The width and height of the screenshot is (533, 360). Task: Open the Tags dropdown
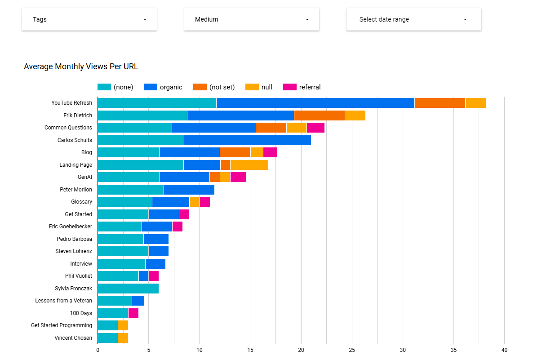(89, 19)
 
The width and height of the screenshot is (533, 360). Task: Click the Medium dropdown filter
(251, 19)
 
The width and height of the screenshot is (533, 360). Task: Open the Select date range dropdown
(413, 19)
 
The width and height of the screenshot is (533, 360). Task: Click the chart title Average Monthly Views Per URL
(81, 67)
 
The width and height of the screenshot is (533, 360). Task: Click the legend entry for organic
(163, 87)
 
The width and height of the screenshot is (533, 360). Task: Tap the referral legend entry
(302, 87)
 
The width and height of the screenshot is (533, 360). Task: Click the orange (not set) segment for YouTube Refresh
(440, 103)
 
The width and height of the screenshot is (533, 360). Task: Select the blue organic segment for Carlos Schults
(247, 140)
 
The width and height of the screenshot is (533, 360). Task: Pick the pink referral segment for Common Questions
(315, 128)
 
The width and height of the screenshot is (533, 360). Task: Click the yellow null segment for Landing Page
(249, 165)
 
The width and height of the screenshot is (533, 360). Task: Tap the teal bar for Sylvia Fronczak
(128, 289)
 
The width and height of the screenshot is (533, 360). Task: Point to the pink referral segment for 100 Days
(133, 313)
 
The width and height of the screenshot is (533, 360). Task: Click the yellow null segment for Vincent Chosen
(123, 338)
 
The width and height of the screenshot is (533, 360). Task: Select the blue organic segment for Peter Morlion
(189, 190)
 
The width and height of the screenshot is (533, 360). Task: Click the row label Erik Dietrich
(78, 116)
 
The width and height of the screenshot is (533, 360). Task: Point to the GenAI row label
(84, 177)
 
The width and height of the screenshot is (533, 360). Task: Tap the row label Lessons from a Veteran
(63, 301)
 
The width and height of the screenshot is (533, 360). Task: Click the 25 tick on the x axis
(352, 350)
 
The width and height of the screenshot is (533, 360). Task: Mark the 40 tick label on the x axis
(504, 350)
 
